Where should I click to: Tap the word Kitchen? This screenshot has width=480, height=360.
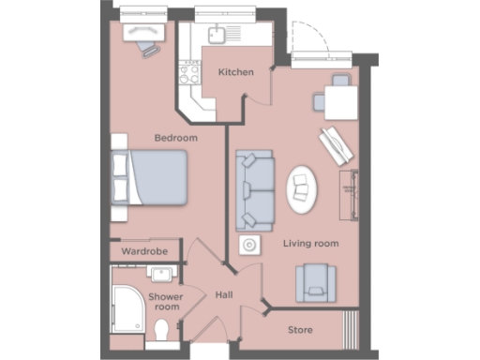[x=236, y=72]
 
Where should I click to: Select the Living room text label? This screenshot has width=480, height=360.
[x=311, y=244]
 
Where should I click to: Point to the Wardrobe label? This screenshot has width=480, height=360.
[x=144, y=252]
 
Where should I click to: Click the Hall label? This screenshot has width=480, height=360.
[x=222, y=294]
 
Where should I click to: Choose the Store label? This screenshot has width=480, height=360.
[x=300, y=331]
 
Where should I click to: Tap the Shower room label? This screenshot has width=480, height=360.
[x=167, y=302]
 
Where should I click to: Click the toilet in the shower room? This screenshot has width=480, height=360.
[x=163, y=332]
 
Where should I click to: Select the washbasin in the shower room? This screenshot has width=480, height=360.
[x=160, y=275]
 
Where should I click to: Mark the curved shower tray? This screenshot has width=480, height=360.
[x=127, y=305]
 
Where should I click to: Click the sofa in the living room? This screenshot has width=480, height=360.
[x=254, y=190]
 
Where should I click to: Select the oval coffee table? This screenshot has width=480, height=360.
[x=301, y=187]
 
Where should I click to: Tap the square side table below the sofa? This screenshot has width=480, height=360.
[x=249, y=247]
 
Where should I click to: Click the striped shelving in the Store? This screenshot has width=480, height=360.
[x=352, y=329]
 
